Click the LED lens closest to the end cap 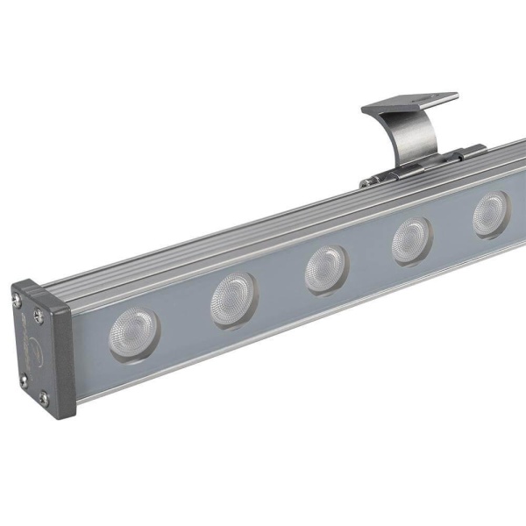coord(132,333)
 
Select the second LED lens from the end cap coord(233,300)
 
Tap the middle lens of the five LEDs coord(326,268)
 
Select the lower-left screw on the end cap coord(25,380)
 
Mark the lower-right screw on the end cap coord(43,399)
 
